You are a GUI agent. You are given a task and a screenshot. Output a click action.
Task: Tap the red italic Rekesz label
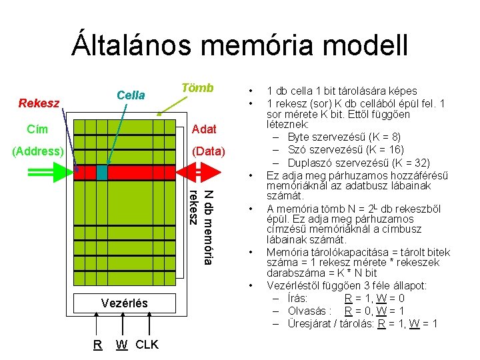tap(39, 103)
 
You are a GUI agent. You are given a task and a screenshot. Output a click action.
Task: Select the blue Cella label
tap(131, 95)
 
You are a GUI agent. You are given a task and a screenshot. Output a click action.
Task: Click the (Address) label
tap(38, 151)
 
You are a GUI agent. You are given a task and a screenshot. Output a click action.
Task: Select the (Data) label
tap(209, 151)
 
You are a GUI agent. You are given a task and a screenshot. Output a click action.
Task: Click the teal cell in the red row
tap(101, 172)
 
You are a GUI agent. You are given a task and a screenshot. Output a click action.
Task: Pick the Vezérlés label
tap(125, 303)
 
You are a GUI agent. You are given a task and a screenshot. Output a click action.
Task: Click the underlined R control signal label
tap(97, 345)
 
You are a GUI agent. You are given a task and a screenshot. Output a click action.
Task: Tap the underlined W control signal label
tap(122, 345)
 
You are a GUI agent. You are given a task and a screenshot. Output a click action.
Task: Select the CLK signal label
tap(147, 345)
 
